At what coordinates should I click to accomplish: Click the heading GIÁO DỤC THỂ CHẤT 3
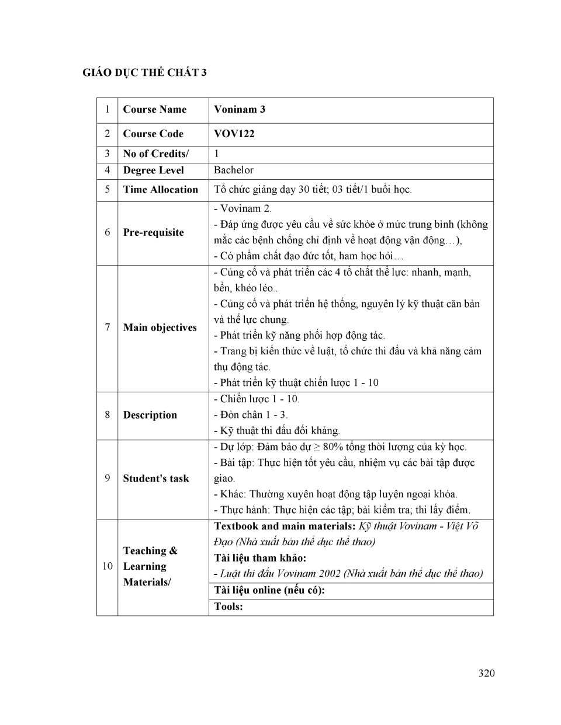144,73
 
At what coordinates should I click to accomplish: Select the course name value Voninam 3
240,110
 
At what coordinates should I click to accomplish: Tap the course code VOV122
234,134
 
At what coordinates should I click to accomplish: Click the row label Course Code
153,134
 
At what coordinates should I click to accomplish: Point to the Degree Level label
153,170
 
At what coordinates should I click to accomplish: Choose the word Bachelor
234,170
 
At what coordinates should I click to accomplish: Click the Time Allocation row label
161,190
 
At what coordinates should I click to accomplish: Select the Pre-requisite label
153,232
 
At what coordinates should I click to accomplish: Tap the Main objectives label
160,327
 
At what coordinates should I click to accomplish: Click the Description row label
150,415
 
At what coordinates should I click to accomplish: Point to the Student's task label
156,479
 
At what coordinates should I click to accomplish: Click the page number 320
486,673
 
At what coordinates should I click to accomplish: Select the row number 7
108,327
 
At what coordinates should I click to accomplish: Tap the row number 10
108,566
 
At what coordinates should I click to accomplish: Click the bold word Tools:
228,607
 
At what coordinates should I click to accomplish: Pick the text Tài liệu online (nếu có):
269,590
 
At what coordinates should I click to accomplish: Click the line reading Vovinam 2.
243,208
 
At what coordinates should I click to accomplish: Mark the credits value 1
217,154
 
